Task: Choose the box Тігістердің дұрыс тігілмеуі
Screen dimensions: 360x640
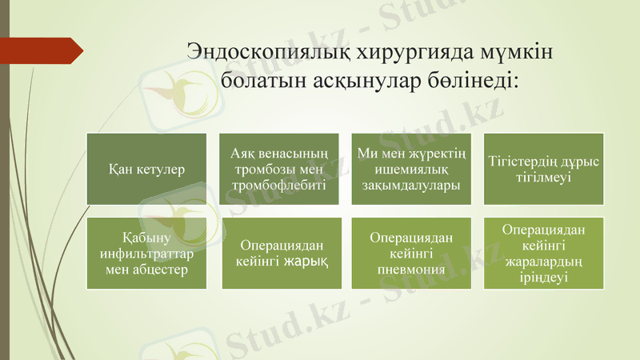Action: (544, 169)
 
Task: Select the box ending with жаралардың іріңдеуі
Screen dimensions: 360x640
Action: (544, 254)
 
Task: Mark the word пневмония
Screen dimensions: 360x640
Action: (411, 269)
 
